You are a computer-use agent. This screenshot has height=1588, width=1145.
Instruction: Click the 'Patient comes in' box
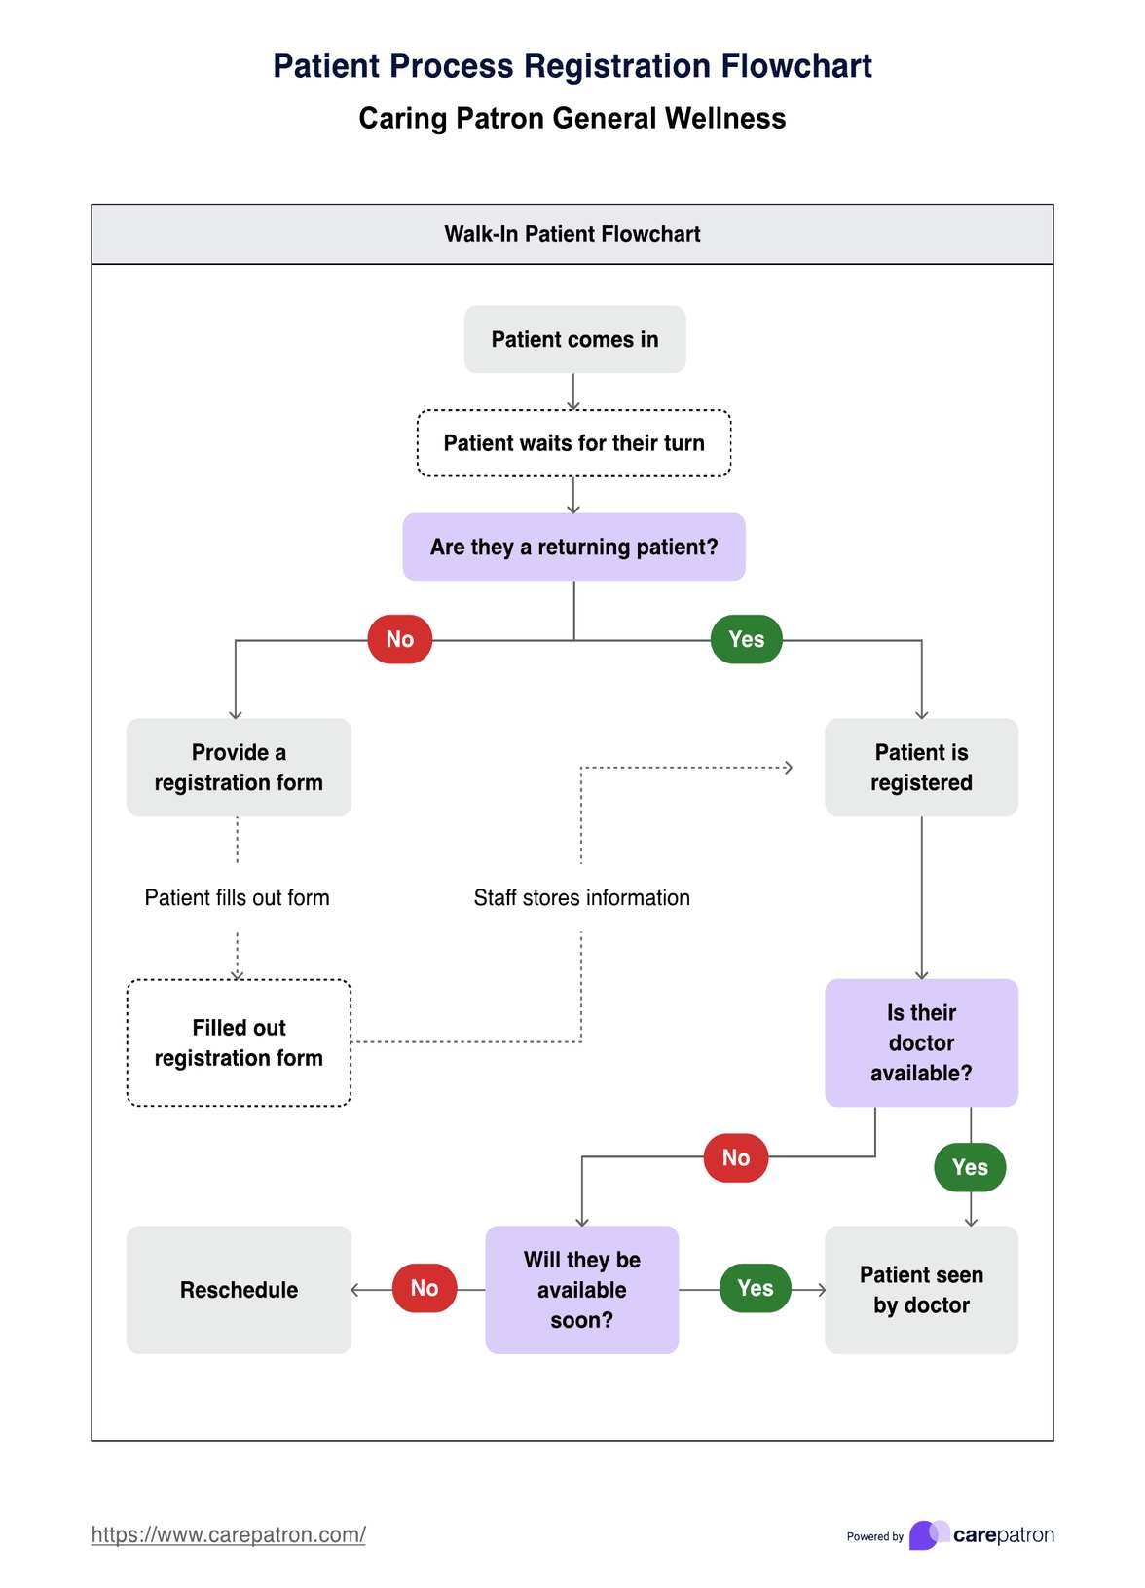(574, 339)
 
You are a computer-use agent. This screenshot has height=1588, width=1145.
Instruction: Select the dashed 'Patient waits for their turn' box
(574, 443)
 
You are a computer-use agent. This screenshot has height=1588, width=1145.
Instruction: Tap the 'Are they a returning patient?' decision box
(574, 547)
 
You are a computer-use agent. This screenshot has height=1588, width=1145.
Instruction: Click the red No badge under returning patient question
(399, 639)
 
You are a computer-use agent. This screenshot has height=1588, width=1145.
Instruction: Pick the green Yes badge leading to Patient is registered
(747, 639)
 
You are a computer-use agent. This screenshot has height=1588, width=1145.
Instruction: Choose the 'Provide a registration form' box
(239, 768)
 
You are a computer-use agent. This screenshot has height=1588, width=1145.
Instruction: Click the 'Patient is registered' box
(921, 768)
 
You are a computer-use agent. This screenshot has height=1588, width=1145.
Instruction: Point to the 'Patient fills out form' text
(237, 897)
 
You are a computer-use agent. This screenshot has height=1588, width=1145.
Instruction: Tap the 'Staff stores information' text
(581, 897)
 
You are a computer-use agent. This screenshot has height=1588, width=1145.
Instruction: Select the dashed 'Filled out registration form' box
(239, 1042)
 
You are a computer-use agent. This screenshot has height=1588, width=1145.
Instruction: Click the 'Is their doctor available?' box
(921, 1042)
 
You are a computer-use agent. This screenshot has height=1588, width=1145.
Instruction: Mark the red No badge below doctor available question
(736, 1157)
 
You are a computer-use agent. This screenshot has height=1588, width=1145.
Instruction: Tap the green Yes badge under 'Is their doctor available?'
(970, 1167)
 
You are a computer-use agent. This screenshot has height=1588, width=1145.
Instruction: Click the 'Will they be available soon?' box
(581, 1289)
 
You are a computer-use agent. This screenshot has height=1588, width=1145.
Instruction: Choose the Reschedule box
(239, 1289)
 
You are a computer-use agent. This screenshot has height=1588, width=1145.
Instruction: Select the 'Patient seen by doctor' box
(921, 1289)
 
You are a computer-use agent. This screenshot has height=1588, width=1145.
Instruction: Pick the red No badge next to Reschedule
(425, 1288)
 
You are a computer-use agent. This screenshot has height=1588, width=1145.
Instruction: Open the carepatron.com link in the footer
(228, 1534)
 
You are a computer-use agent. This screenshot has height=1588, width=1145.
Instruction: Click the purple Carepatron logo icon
(928, 1534)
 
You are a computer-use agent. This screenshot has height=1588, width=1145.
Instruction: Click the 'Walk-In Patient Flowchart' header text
(572, 234)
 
